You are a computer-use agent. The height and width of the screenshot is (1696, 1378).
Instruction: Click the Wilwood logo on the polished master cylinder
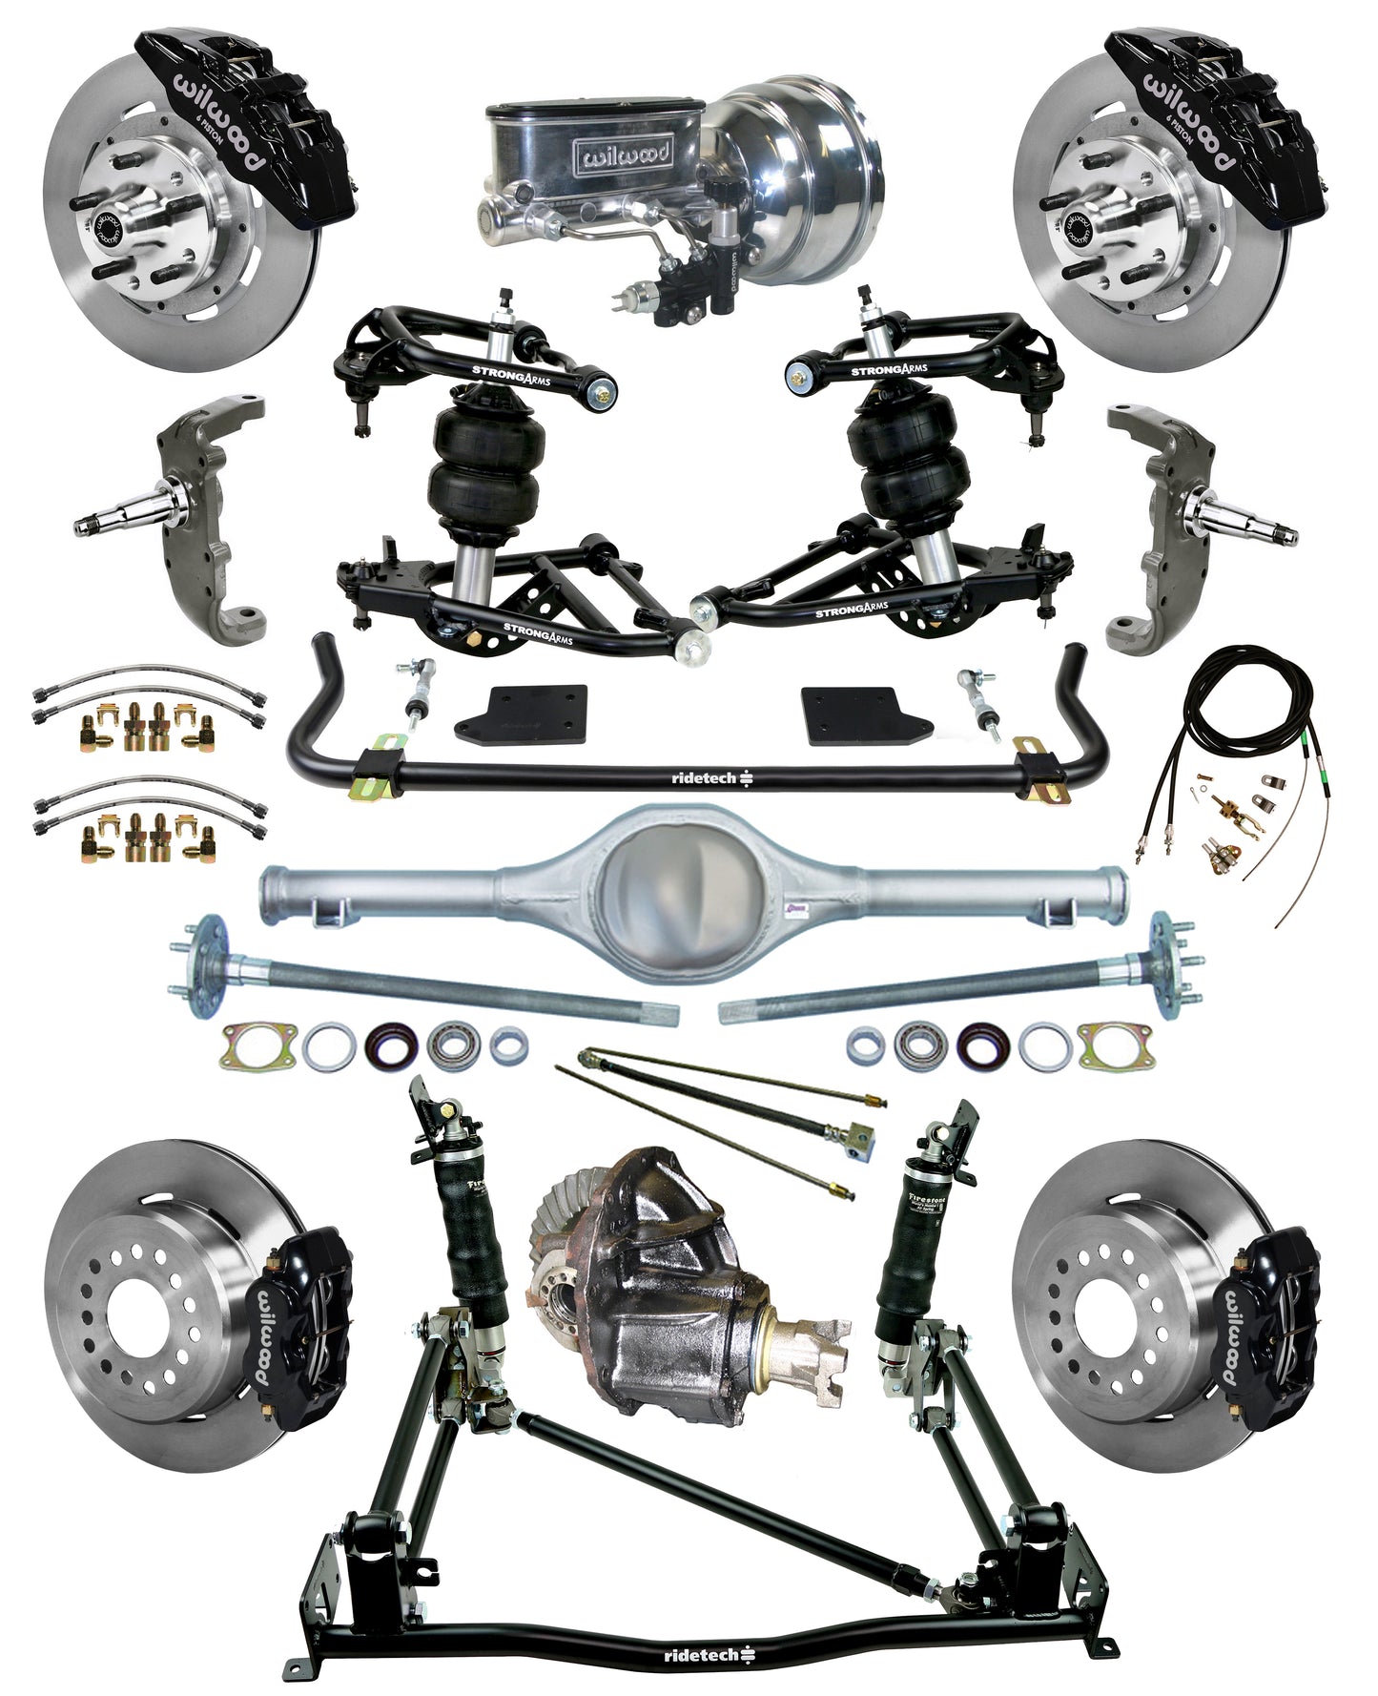pos(623,153)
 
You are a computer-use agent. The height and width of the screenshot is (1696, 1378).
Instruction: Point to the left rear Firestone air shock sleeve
pos(464,1231)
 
